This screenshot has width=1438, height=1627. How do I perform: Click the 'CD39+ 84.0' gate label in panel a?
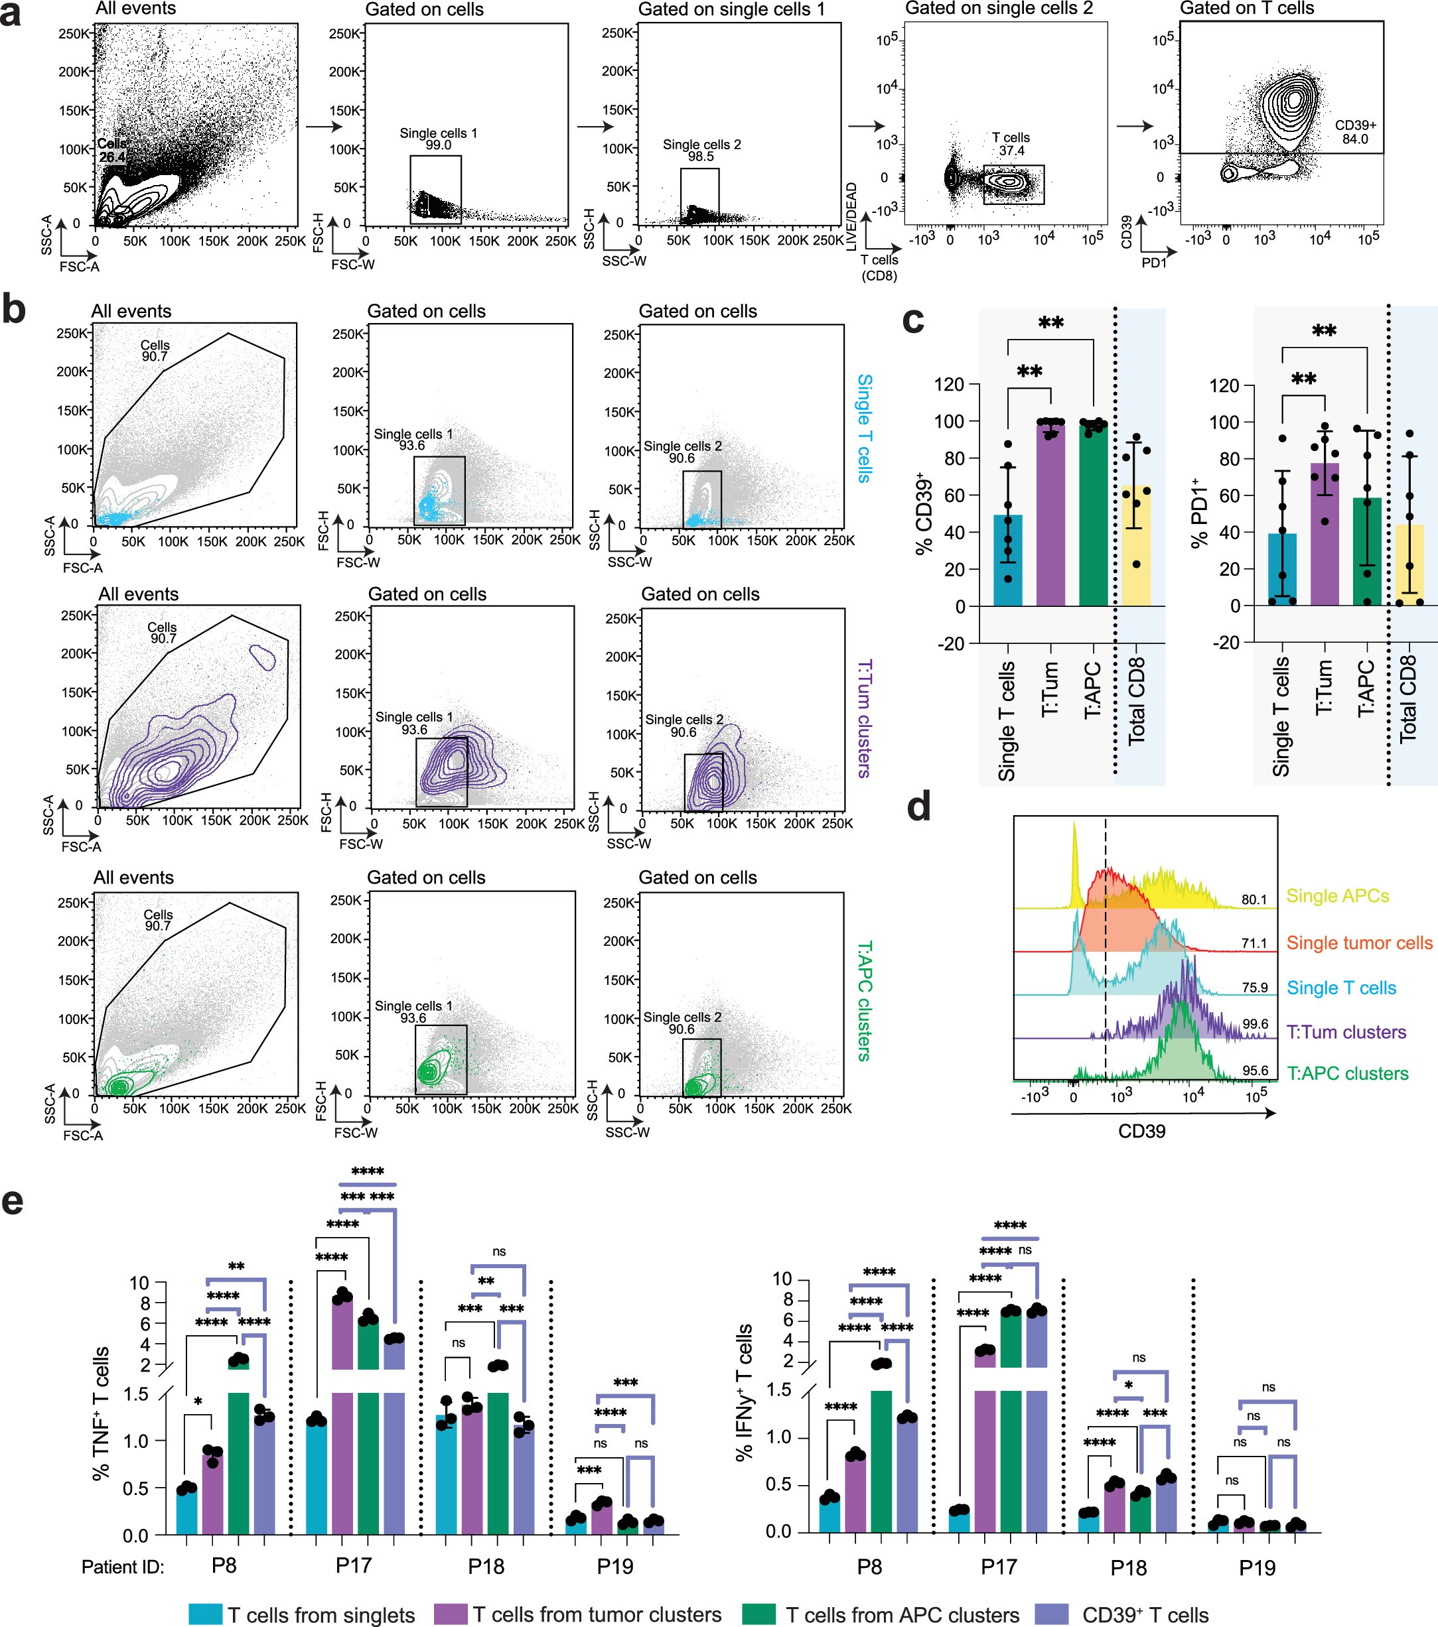coord(1355,132)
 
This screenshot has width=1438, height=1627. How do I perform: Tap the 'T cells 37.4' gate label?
coord(1011,144)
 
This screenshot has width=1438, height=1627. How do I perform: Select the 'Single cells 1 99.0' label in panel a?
coord(438,139)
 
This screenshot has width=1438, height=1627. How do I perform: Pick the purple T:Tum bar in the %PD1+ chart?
coord(1324,533)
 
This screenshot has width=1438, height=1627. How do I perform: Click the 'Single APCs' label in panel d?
coord(1337,896)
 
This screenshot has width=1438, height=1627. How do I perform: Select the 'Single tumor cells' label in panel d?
coord(1359,943)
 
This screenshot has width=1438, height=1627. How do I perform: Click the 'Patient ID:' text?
coord(123,1567)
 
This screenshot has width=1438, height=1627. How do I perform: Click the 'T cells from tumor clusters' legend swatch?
coord(449,1614)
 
